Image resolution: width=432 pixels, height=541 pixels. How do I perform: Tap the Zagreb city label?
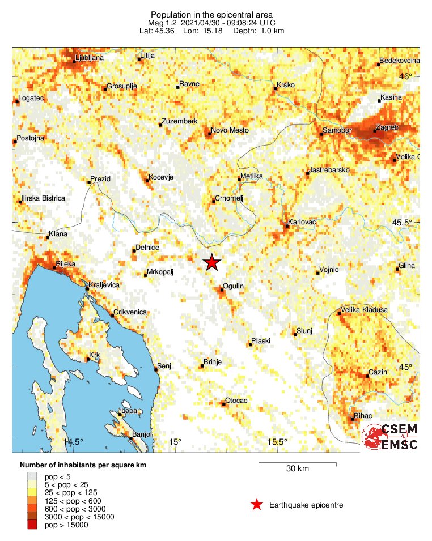(x=388, y=128)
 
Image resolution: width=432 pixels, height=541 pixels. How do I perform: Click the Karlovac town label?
(x=302, y=221)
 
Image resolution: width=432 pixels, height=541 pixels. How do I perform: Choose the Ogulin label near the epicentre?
(x=233, y=286)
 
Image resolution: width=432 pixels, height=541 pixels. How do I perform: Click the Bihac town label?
(x=363, y=416)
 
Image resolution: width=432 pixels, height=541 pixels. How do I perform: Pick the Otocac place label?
(x=236, y=401)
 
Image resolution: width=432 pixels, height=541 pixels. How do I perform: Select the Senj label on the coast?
(x=164, y=365)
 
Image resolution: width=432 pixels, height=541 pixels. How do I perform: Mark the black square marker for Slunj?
(x=295, y=335)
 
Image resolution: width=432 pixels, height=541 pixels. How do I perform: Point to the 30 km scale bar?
(x=298, y=465)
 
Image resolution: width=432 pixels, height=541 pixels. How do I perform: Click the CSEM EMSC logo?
(x=391, y=437)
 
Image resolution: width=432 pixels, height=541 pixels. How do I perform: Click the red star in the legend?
(x=257, y=505)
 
